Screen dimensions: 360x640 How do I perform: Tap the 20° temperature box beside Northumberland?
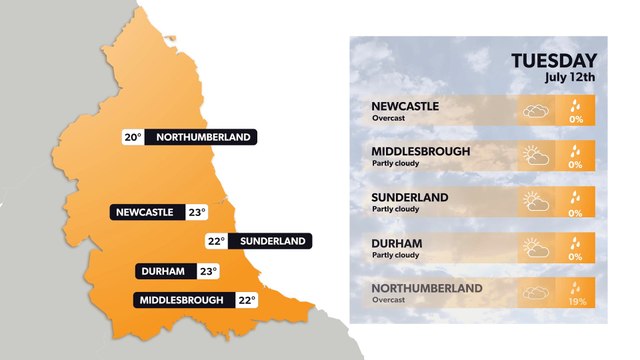133,137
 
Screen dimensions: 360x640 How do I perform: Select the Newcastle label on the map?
145,212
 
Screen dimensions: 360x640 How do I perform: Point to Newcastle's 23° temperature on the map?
196,212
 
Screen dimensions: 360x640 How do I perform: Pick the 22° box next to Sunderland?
216,241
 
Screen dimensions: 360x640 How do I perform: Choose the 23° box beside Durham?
207,271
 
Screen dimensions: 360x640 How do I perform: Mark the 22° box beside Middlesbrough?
247,300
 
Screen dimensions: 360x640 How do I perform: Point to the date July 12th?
570,77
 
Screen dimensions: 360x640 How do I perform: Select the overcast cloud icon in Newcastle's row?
536,110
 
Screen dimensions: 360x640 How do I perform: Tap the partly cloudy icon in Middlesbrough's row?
536,156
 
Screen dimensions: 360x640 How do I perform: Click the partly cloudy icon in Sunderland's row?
536,202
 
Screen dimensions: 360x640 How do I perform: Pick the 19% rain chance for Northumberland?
575,301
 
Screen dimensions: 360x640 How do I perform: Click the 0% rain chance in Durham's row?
575,256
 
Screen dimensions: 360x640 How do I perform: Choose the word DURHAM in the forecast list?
396,243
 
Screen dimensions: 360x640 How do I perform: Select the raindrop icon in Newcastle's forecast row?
575,104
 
